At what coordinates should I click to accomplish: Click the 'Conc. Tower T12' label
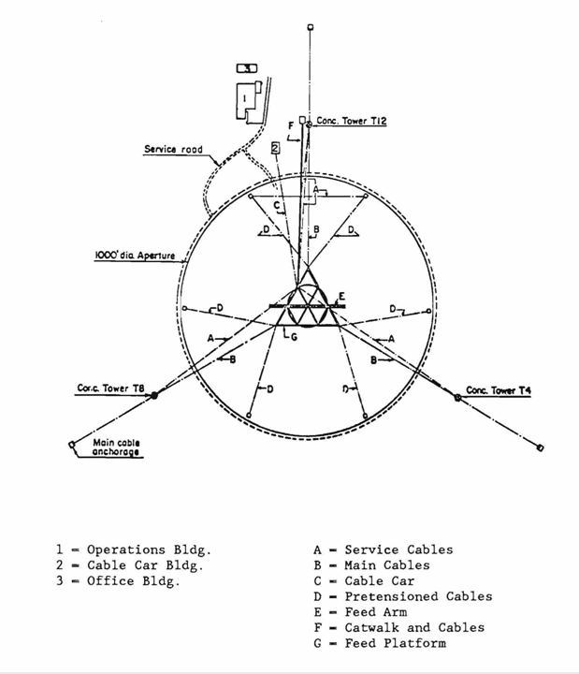point(352,121)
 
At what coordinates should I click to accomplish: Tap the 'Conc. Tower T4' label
point(499,390)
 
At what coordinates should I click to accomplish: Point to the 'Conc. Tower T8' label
point(110,388)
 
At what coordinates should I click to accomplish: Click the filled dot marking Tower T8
point(154,395)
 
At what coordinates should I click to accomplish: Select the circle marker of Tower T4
point(458,398)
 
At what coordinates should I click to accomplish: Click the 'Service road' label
point(173,149)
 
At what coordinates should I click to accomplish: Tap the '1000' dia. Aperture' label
point(135,256)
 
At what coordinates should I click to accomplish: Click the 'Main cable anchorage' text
point(116,447)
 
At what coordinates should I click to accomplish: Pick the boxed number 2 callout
point(275,148)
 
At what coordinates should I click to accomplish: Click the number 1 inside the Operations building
point(244,98)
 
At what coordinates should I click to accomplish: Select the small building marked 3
point(247,68)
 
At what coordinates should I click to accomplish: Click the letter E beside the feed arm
point(341,296)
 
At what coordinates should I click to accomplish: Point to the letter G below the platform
point(294,337)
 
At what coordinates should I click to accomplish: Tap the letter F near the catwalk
point(291,126)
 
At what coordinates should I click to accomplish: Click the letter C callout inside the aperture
point(277,205)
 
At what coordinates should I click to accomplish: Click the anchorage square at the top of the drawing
point(311,27)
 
